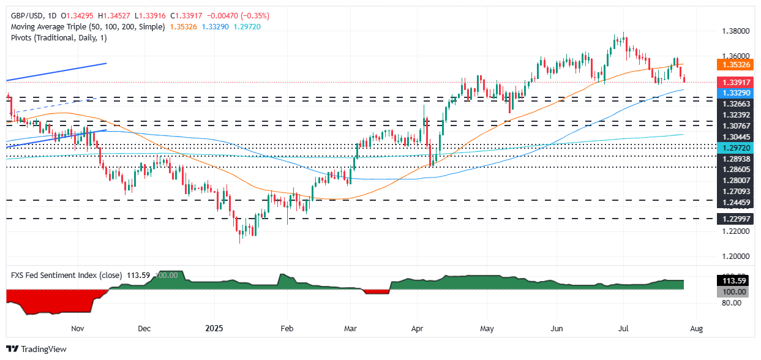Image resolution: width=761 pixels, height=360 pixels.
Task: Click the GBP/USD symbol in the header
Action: (25, 15)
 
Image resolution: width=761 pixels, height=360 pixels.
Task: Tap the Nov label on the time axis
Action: (77, 328)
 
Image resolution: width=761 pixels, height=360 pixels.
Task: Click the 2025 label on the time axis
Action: (212, 328)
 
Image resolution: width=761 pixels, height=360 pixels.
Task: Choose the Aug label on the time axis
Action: (696, 328)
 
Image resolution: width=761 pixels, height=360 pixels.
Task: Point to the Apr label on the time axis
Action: (417, 328)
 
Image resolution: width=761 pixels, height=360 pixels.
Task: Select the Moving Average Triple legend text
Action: (85, 27)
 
